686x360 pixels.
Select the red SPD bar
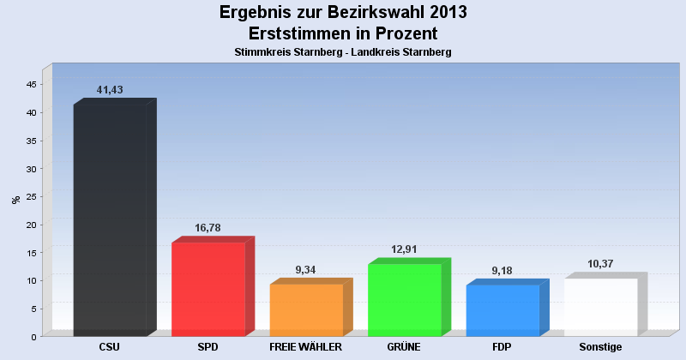208,289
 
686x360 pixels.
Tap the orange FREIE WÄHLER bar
306,309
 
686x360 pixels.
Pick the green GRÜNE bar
404,299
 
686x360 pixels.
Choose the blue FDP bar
502,309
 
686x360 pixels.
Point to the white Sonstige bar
600,306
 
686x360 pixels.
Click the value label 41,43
111,89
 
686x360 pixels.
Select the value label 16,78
209,227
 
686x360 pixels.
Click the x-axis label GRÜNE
404,347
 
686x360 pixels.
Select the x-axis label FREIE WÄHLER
306,347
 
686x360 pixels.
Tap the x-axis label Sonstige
600,347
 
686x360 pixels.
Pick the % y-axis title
15,200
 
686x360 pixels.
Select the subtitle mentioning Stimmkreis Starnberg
343,52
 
